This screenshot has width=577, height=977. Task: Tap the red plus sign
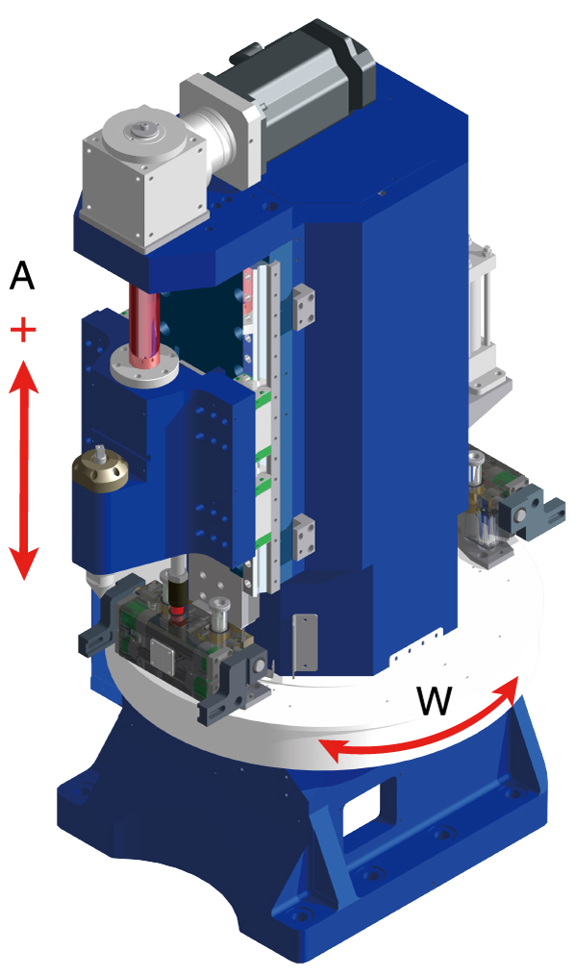point(23,332)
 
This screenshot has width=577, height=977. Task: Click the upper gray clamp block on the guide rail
point(305,305)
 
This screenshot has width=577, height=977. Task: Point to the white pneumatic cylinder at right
point(481,317)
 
